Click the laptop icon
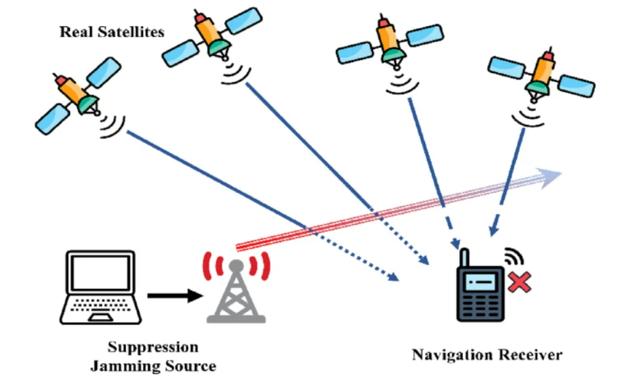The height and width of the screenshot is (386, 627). pos(101,287)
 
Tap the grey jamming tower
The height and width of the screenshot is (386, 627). pos(236,291)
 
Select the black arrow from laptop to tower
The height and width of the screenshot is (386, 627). pos(175,296)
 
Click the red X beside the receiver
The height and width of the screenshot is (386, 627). pos(519,282)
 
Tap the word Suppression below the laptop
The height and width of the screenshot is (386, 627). pos(153,347)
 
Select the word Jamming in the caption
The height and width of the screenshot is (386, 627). pos(126,366)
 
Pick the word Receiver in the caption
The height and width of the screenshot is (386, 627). pos(526,354)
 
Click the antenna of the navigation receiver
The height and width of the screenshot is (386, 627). pos(464,258)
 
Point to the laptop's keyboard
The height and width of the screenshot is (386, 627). pos(100,305)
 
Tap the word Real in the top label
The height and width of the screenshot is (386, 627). pos(76,32)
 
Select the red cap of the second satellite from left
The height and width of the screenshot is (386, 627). pos(200,18)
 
